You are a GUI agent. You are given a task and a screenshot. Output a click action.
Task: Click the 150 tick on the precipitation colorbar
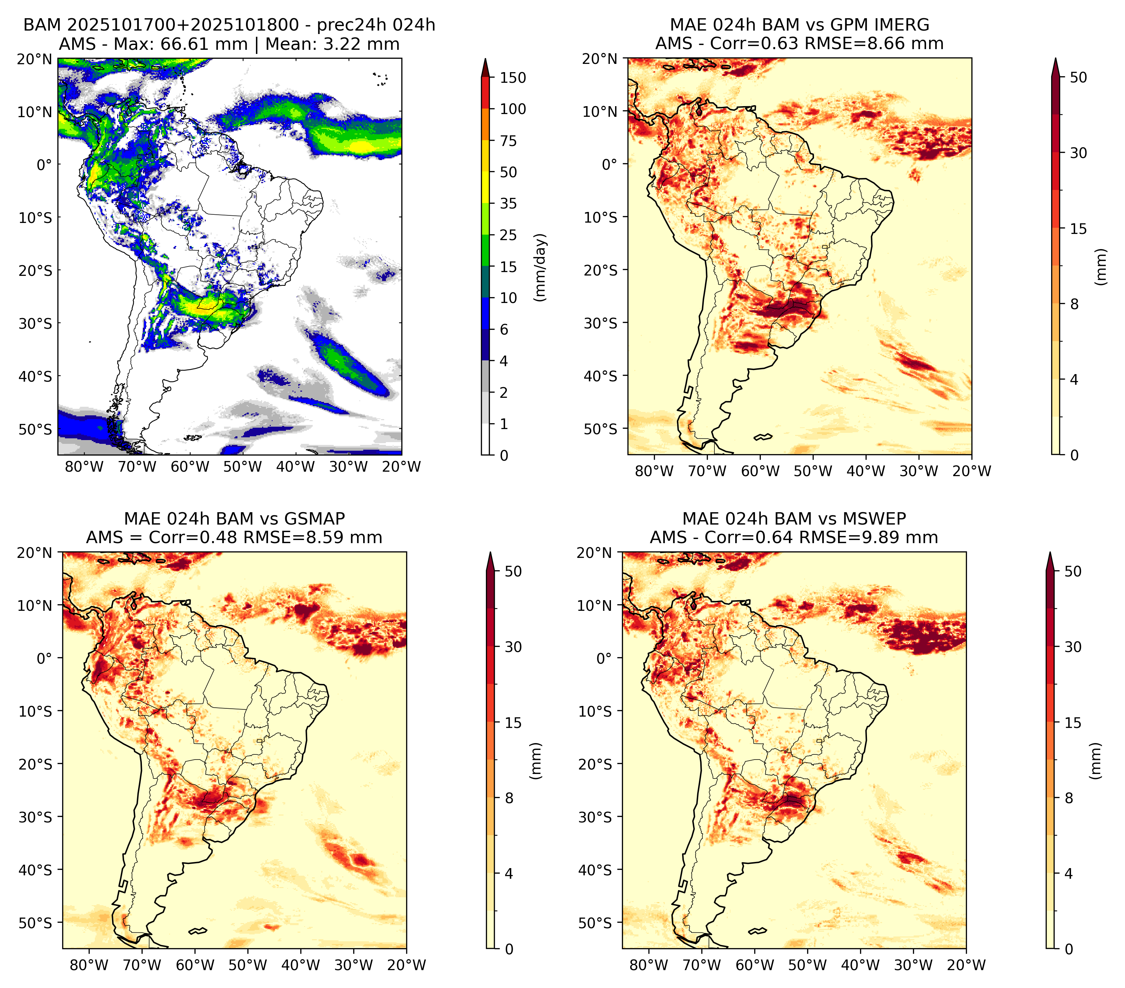pos(512,78)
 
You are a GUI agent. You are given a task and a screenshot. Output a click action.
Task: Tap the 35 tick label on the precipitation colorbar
pos(508,203)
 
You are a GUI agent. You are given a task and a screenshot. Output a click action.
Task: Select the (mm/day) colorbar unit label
pos(541,267)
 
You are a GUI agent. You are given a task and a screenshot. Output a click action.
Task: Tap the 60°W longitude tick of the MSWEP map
pos(755,965)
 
